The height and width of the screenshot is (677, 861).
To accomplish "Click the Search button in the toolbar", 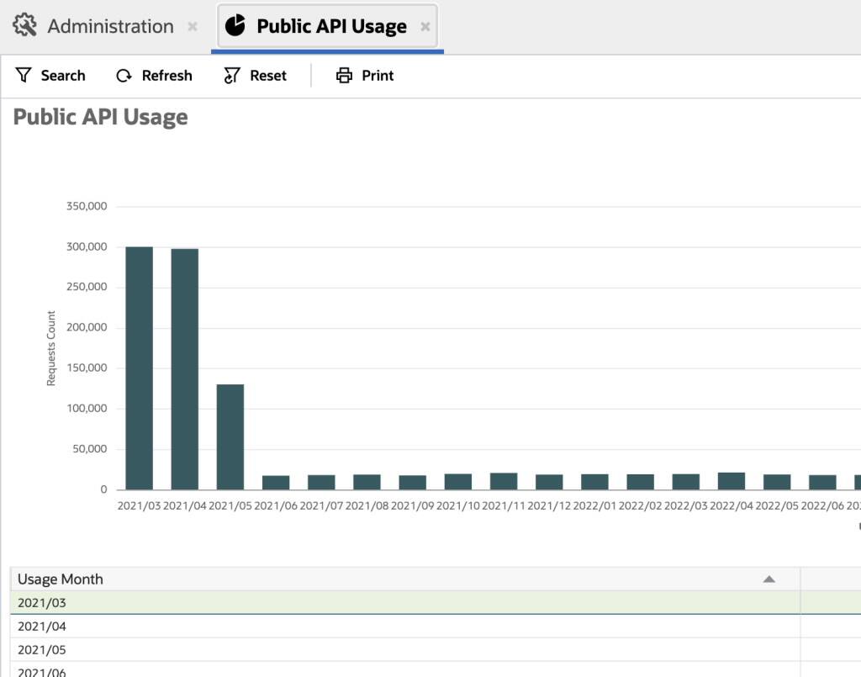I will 50,76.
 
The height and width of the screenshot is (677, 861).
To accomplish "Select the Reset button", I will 256,76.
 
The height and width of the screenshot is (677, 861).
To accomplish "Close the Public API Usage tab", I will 425,27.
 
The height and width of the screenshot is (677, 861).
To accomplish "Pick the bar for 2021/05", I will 230,436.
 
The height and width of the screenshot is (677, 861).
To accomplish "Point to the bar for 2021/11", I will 504,481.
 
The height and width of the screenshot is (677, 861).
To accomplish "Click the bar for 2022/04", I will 732,481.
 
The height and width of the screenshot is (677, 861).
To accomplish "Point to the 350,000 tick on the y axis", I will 87,207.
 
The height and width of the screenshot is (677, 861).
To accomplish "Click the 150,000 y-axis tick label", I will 87,368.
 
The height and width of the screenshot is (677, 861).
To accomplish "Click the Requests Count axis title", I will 51,348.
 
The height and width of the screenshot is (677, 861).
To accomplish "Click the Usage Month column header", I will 61,579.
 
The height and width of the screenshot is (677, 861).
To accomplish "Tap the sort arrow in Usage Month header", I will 768,579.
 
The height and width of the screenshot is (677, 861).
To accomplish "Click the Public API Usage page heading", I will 101,117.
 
